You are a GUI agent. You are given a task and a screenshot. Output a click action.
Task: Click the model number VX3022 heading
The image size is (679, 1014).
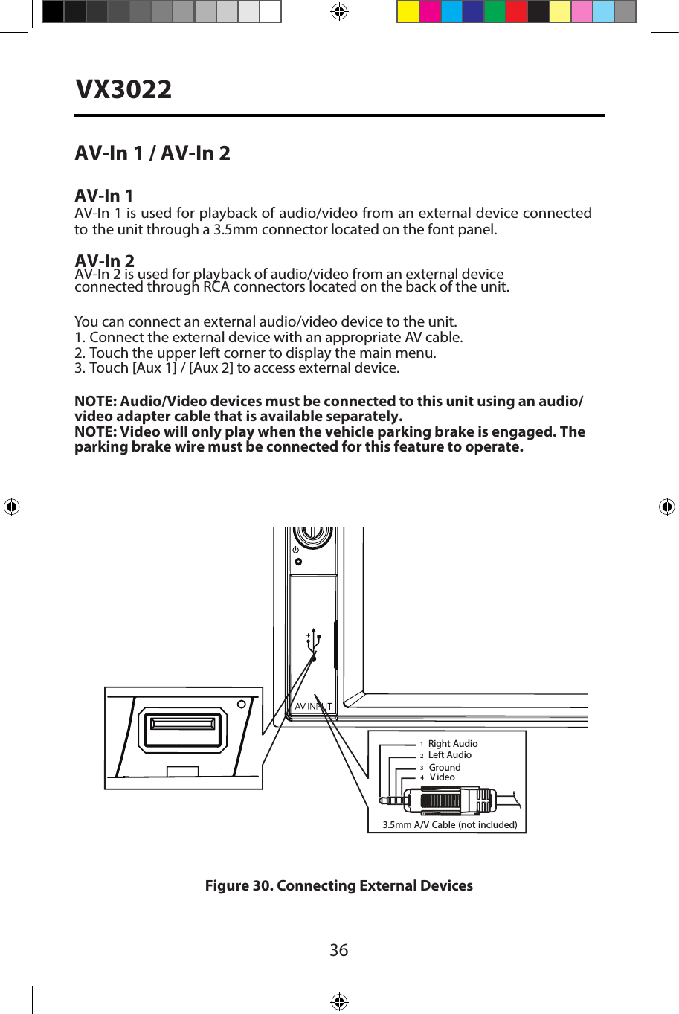click(123, 90)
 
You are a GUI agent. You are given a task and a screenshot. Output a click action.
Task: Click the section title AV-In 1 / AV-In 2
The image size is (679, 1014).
click(152, 153)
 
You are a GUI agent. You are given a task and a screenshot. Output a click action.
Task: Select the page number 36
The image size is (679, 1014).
click(338, 950)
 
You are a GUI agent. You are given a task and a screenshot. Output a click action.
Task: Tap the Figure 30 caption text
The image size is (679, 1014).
click(338, 885)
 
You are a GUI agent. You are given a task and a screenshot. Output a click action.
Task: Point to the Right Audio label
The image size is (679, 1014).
click(452, 743)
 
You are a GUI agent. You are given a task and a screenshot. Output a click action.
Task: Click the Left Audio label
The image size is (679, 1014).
click(449, 755)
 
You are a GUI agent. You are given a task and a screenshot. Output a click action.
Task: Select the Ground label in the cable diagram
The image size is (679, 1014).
click(444, 767)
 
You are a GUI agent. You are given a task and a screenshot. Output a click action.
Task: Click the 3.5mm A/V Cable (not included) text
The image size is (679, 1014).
click(449, 824)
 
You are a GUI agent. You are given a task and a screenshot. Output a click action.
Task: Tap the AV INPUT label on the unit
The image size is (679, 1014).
click(313, 706)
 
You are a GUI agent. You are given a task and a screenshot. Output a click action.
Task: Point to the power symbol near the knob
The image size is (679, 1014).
click(296, 549)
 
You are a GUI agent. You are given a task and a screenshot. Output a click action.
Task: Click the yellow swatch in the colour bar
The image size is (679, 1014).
click(408, 12)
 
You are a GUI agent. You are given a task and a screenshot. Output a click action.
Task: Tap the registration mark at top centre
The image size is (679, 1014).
click(339, 12)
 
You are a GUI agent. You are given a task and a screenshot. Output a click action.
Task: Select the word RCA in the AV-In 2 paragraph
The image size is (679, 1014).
click(216, 287)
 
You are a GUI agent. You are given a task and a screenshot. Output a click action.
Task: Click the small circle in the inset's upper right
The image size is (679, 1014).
click(242, 704)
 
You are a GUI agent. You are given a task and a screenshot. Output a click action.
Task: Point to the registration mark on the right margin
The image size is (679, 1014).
click(666, 507)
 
